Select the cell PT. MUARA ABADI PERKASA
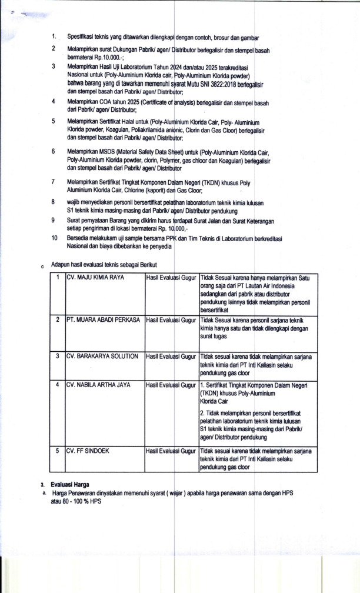(x=103, y=319)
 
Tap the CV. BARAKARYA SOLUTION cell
(x=102, y=356)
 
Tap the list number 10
(x=54, y=238)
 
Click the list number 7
(x=54, y=182)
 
